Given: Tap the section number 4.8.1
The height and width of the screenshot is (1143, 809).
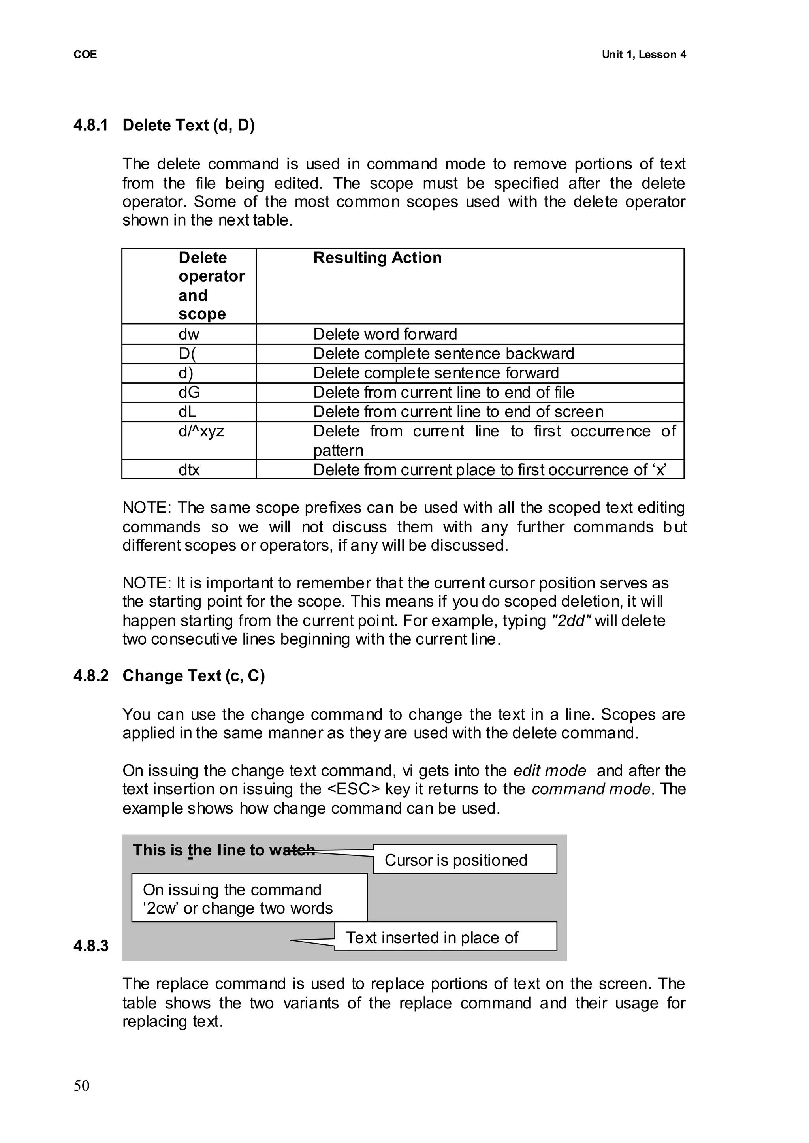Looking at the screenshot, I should (91, 125).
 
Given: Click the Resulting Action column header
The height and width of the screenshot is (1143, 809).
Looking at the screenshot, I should (377, 258).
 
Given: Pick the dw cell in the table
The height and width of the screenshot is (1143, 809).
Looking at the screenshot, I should (189, 334).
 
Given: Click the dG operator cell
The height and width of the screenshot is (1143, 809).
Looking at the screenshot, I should (189, 393).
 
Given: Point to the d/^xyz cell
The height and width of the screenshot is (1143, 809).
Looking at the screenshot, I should (201, 431).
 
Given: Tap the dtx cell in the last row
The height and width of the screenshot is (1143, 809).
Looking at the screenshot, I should (189, 470).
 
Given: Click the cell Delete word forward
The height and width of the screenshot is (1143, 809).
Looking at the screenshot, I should (385, 334).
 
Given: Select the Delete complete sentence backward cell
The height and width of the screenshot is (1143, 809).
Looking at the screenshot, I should (443, 353).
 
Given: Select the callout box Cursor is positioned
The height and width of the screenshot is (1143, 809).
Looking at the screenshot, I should (464, 860).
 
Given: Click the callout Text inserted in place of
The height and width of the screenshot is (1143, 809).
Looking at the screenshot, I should (445, 938).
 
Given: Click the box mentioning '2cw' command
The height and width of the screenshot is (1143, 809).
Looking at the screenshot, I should (249, 899).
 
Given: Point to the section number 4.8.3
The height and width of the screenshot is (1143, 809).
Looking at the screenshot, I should (91, 946).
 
